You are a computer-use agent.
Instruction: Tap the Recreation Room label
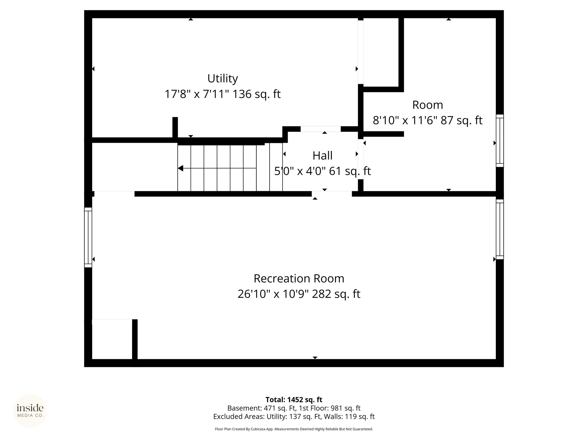[299, 278]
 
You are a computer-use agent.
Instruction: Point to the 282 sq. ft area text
[336, 294]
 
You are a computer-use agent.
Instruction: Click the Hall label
[322, 156]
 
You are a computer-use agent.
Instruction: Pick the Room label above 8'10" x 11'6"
[428, 105]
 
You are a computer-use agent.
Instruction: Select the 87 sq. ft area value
[461, 120]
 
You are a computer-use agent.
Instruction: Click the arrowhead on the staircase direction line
[181, 168]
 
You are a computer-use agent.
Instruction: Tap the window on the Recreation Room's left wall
[88, 237]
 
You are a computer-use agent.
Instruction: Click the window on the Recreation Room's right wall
[500, 229]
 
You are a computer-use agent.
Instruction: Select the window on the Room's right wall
[500, 141]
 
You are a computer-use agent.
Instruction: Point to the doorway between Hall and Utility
[321, 129]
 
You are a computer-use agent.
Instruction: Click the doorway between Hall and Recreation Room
[332, 194]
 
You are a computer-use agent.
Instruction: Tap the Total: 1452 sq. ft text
[294, 400]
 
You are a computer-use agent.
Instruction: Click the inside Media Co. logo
[30, 411]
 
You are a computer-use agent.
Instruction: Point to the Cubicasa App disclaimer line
[294, 429]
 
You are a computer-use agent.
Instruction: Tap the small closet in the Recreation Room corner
[112, 339]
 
